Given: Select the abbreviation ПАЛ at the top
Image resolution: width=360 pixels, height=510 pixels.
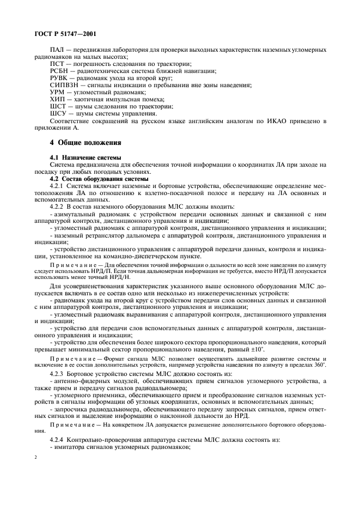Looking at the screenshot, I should tap(57, 50).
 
